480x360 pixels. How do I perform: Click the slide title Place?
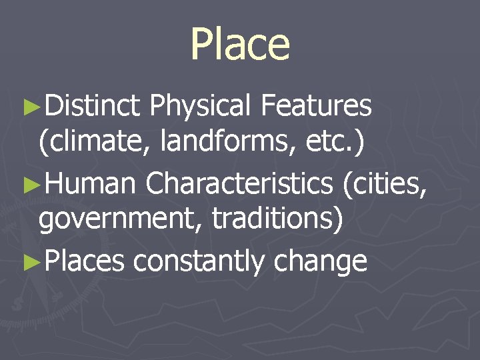tap(240, 44)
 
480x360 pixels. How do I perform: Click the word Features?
tap(317, 105)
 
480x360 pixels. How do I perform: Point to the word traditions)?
tap(277, 221)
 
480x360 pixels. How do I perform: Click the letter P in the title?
tap(202, 44)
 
